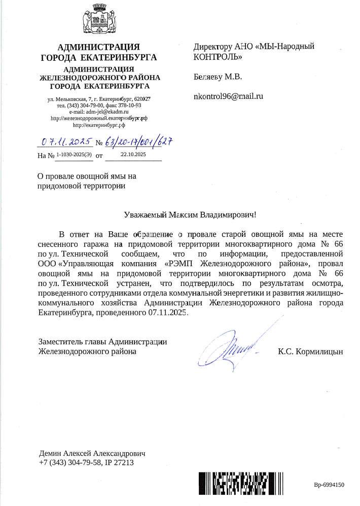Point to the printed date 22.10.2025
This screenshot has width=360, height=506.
[133, 154]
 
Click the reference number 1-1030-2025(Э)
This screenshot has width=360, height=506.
[74, 154]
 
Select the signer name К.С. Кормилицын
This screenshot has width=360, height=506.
[310, 351]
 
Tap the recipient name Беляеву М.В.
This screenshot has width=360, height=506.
[218, 78]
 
